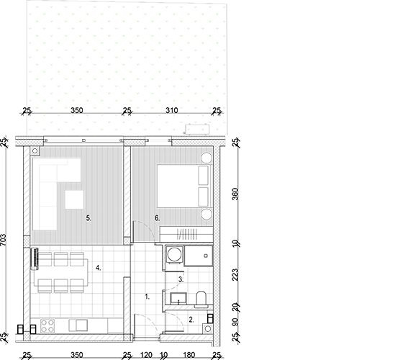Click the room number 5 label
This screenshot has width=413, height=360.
[88, 218]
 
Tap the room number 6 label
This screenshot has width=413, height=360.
[158, 218]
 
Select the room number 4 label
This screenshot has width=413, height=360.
[99, 268]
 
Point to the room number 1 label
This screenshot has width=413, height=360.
[147, 297]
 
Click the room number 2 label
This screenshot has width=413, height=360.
[191, 320]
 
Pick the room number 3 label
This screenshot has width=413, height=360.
[181, 279]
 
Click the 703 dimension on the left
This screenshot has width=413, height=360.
[3, 240]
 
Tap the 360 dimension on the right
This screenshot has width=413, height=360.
[235, 194]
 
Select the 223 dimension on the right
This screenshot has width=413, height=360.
[235, 274]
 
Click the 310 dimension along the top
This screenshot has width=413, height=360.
[172, 110]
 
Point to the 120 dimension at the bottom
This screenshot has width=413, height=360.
[146, 355]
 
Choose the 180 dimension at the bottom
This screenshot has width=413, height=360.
[189, 355]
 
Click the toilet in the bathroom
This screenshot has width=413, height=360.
[201, 300]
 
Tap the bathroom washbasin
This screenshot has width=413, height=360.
[178, 298]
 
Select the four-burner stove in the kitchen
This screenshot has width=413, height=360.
[47, 326]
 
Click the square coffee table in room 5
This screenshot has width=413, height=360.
[75, 199]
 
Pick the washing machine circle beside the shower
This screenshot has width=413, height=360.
[174, 255]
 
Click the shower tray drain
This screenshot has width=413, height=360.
[206, 256]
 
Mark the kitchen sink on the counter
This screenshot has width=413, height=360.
[78, 325]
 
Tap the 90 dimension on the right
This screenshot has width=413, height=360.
[235, 322]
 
